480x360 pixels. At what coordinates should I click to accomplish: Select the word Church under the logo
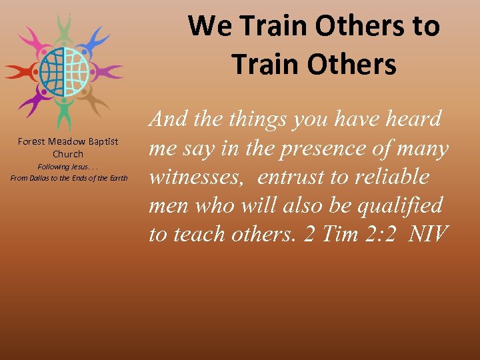[x=68, y=154]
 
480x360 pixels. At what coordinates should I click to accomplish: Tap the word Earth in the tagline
[x=118, y=178]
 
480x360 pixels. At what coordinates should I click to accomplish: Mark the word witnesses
[x=197, y=178]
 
